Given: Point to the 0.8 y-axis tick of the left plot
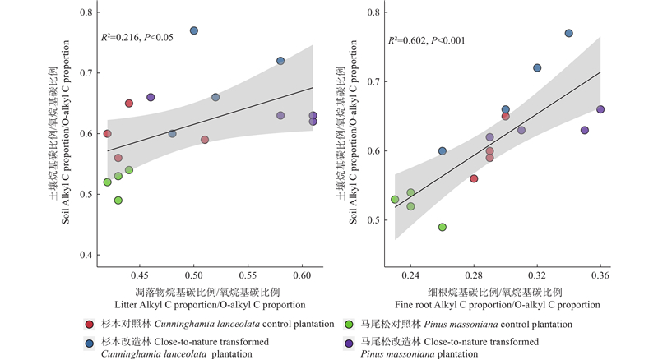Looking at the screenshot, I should [85, 13].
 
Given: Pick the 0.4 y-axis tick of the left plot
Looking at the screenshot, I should [85, 256].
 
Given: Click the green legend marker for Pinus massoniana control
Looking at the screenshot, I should [349, 324].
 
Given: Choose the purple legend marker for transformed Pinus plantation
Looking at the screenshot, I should [349, 341].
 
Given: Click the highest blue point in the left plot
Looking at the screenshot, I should [194, 30].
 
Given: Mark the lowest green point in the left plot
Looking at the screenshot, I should [118, 201].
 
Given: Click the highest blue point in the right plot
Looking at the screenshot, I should [568, 33].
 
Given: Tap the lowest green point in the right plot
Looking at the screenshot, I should [443, 227].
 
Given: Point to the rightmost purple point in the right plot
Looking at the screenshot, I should [600, 109].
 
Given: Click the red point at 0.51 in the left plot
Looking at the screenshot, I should [205, 140].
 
